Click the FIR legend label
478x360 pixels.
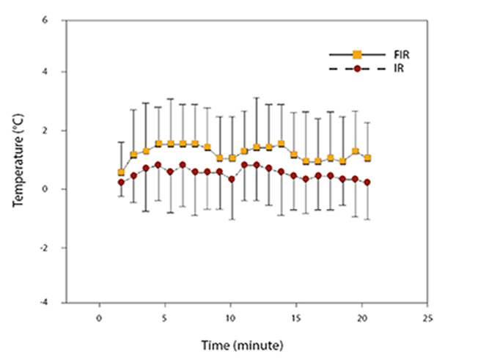[400, 54]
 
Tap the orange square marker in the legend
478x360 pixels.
[357, 54]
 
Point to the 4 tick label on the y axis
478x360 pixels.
[45, 72]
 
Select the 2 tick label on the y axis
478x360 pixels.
[45, 131]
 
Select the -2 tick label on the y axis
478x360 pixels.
[43, 248]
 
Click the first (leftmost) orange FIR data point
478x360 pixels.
[121, 172]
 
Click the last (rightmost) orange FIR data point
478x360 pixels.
[367, 158]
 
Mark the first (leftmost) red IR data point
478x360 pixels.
[121, 183]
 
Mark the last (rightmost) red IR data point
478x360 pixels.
[367, 183]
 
